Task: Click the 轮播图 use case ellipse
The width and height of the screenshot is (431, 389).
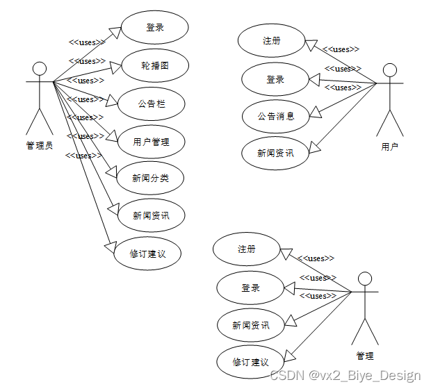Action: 155,66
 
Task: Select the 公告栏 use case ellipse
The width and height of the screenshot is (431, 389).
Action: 151,104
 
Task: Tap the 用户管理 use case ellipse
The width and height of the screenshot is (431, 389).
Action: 151,142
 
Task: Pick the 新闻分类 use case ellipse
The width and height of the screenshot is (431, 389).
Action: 150,178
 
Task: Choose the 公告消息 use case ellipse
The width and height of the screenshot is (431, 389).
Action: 275,116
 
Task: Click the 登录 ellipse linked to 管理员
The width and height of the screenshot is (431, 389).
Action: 155,28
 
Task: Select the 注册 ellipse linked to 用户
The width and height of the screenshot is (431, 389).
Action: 271,41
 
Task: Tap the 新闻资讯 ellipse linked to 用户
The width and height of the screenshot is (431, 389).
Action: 275,153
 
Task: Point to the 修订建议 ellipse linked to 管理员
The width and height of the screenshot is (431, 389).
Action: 148,253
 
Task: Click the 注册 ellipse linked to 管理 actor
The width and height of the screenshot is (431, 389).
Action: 246,249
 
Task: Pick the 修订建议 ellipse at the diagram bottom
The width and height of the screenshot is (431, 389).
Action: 250,362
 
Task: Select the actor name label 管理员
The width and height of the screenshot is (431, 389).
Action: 40,145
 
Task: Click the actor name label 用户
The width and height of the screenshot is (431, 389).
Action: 390,147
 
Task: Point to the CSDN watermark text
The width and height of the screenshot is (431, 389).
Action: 345,376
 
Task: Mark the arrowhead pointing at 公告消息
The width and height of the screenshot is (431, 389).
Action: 314,111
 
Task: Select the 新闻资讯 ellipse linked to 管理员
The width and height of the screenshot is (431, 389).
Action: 150,215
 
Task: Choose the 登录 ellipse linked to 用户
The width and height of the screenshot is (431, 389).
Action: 275,80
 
